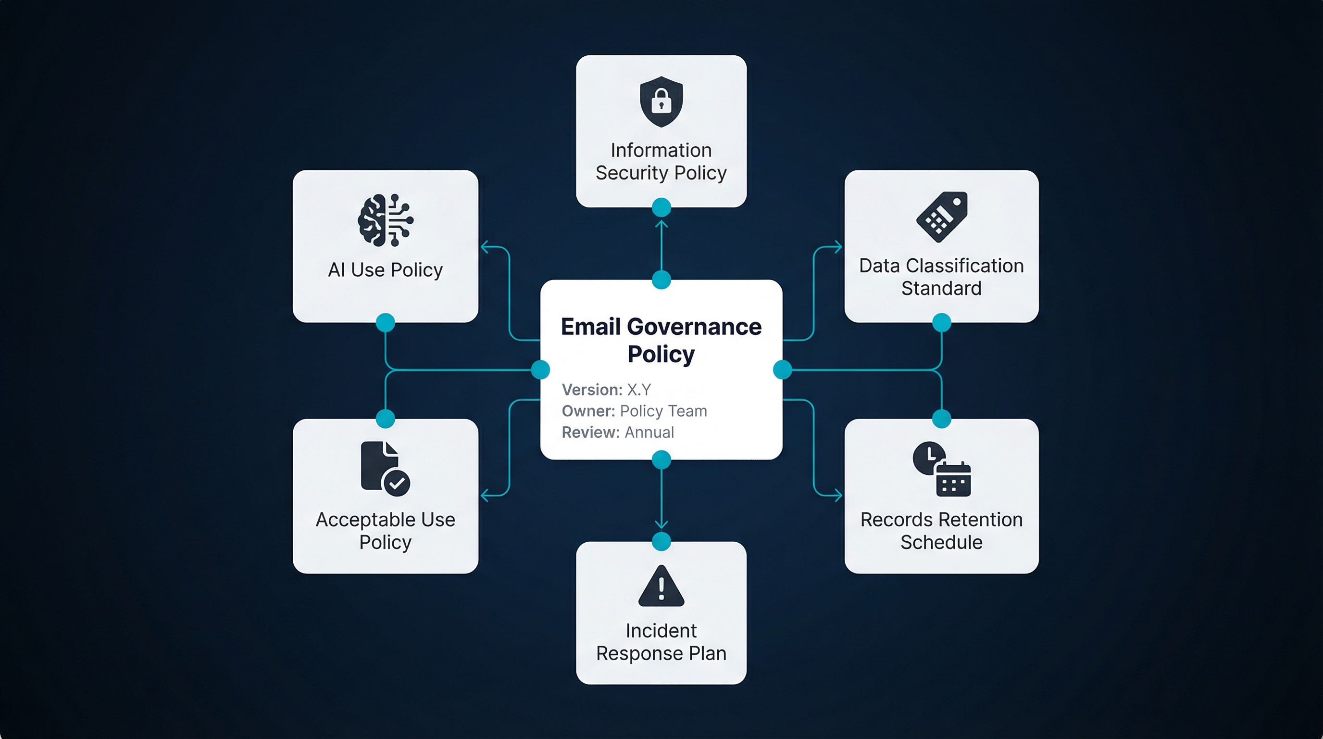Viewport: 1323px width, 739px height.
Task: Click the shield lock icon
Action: [661, 101]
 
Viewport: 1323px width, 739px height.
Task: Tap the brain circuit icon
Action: [385, 220]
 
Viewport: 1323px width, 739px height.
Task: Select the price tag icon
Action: [942, 217]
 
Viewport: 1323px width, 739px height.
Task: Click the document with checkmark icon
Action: [385, 468]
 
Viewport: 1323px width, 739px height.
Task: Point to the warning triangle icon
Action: [661, 587]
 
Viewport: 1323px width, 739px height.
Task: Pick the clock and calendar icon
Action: [941, 469]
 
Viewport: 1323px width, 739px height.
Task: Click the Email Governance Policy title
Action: [661, 340]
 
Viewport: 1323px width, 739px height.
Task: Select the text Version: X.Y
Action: [606, 390]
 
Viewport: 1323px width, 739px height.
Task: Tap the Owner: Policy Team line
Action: [634, 411]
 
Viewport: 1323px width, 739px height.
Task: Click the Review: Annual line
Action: [617, 433]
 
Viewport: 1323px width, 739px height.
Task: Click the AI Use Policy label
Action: [385, 270]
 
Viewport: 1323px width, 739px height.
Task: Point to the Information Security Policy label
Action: [661, 161]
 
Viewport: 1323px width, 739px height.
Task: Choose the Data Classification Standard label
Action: [941, 277]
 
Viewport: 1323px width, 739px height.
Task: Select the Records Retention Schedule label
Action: [941, 531]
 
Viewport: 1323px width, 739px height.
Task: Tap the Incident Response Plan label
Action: [661, 642]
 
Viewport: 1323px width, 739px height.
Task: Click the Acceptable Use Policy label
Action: [385, 531]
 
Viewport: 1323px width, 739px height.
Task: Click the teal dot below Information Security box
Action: [661, 208]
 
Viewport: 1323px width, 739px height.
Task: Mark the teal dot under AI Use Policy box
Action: [385, 323]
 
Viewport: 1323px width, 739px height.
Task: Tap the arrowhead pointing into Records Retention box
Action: [838, 496]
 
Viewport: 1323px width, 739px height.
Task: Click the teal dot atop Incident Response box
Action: [661, 542]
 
